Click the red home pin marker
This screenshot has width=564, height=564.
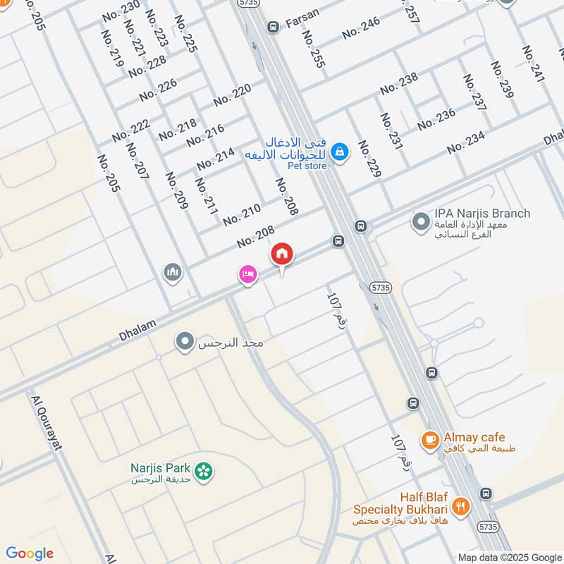coord(282,253)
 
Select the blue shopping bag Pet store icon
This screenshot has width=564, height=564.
coord(340,151)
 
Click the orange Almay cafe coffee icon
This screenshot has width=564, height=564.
coord(429,441)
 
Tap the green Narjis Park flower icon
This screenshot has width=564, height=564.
coord(203,471)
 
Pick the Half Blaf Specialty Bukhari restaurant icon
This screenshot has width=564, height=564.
coord(460,505)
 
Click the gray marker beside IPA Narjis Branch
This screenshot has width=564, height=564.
coord(421,221)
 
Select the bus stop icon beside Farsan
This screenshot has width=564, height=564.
coord(273,27)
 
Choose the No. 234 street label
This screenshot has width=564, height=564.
coord(466,143)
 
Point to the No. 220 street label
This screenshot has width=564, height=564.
coord(232,95)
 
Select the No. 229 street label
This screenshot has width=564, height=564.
coord(368,159)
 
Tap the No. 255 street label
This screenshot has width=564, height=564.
coord(314,49)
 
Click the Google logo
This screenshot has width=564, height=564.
coord(30,553)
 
